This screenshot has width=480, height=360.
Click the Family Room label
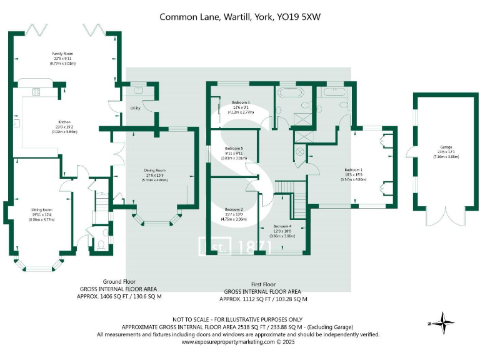62,54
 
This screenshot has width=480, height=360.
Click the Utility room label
134,108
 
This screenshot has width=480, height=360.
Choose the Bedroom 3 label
241,102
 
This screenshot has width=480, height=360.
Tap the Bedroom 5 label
234,149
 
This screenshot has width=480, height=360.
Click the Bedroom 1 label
353,169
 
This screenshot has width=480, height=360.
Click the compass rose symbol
444,323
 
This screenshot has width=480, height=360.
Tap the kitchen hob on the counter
36,92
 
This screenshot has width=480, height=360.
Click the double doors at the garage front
445,216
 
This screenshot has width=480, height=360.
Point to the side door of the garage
409,151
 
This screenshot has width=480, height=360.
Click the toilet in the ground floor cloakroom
101,244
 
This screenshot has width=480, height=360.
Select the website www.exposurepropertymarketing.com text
229,342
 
